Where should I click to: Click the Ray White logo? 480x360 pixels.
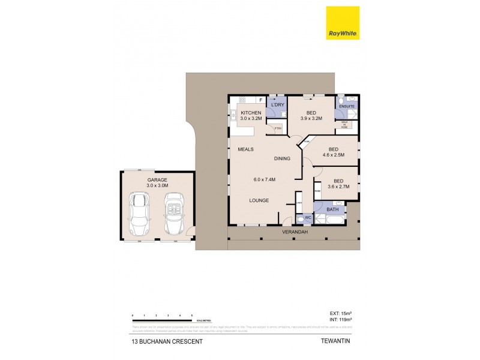click(x=343, y=23)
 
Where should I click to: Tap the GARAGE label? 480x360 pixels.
click(x=157, y=179)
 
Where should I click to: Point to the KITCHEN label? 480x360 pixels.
click(x=251, y=113)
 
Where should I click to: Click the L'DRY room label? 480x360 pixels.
click(x=277, y=106)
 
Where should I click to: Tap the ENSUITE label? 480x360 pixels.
click(x=347, y=106)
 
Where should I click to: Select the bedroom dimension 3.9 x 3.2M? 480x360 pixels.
click(x=311, y=119)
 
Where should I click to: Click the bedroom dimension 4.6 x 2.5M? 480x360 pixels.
click(x=333, y=155)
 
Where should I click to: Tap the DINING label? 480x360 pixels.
click(x=282, y=159)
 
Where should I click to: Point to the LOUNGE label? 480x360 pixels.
click(x=259, y=200)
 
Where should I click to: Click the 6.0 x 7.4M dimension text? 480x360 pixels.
click(x=264, y=179)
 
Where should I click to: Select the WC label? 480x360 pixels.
click(x=307, y=217)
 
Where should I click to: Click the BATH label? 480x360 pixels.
click(x=332, y=210)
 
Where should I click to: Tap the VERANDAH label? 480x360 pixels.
click(x=295, y=232)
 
